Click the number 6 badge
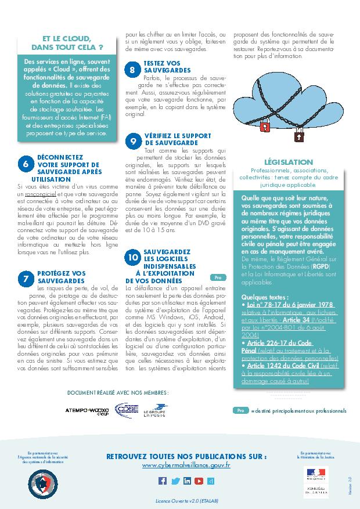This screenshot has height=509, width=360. point(26,164)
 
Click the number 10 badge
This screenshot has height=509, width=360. point(134,256)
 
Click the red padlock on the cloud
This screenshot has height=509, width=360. point(264,124)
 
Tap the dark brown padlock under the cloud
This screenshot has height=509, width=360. point(299,137)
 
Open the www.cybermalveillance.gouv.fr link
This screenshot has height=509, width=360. point(186,465)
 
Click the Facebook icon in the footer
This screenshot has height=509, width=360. point(163,481)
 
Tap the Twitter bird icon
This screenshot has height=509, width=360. point(175,481)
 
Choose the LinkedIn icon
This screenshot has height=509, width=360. point(187,481)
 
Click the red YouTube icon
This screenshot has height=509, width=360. point(199,481)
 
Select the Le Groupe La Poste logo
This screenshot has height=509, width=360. point(155,410)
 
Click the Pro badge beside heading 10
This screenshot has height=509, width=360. point(216,278)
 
